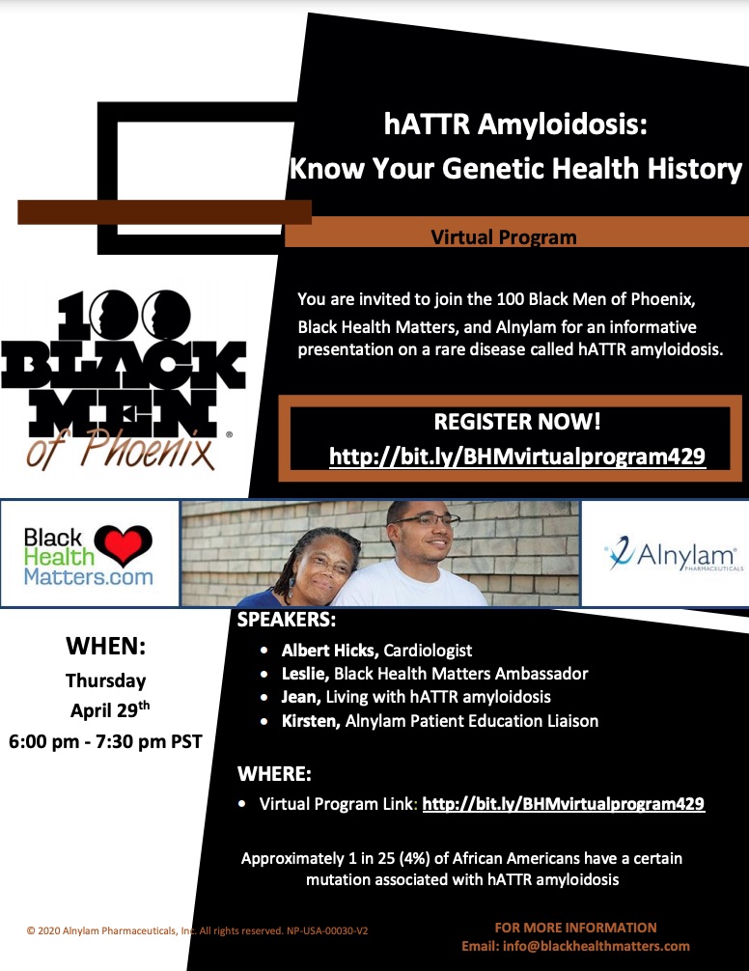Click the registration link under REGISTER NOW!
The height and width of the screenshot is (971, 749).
pos(517,457)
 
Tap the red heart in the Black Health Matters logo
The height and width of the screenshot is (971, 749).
pos(123,544)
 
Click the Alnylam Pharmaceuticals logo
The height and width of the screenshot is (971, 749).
pos(674,554)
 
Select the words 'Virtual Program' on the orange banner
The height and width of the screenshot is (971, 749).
pos(503,237)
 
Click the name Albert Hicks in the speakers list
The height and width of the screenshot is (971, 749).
pos(328,651)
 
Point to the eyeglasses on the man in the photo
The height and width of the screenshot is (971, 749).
pos(429,521)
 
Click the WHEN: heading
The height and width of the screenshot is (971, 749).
pos(106,646)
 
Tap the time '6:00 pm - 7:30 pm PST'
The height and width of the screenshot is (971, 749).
pos(105,741)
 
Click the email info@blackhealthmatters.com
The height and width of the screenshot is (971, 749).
pos(596,946)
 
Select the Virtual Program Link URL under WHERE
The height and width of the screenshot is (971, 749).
pos(564,804)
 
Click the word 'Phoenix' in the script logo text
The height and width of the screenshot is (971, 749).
pos(149,449)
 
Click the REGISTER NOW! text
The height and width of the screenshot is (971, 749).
pos(517,422)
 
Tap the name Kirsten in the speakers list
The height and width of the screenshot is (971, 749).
pos(310,721)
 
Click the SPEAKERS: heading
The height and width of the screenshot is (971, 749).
pos(287,620)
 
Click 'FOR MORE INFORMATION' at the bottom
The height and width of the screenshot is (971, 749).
pos(575,928)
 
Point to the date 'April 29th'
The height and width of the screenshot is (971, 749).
pos(110,709)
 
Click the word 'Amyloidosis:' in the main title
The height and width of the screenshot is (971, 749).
pos(562,125)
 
